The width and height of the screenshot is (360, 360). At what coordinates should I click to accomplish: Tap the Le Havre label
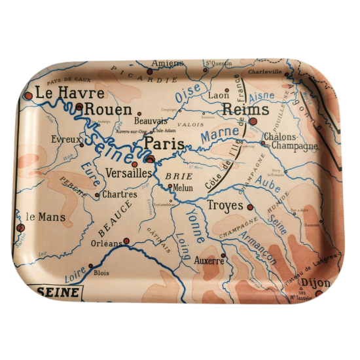[x=61, y=93]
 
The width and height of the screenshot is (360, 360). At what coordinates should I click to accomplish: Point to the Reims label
[x=245, y=110]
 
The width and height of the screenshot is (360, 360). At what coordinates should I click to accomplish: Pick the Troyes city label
[x=225, y=206]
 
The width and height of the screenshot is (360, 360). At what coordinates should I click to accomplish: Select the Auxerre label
[x=209, y=261]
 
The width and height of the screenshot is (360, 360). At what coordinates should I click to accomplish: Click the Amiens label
[x=168, y=63]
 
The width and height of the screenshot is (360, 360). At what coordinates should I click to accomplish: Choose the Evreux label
[x=67, y=139]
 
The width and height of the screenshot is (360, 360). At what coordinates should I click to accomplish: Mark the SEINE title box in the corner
[x=58, y=292]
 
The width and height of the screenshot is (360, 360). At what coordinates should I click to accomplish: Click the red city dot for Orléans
[x=126, y=241]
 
